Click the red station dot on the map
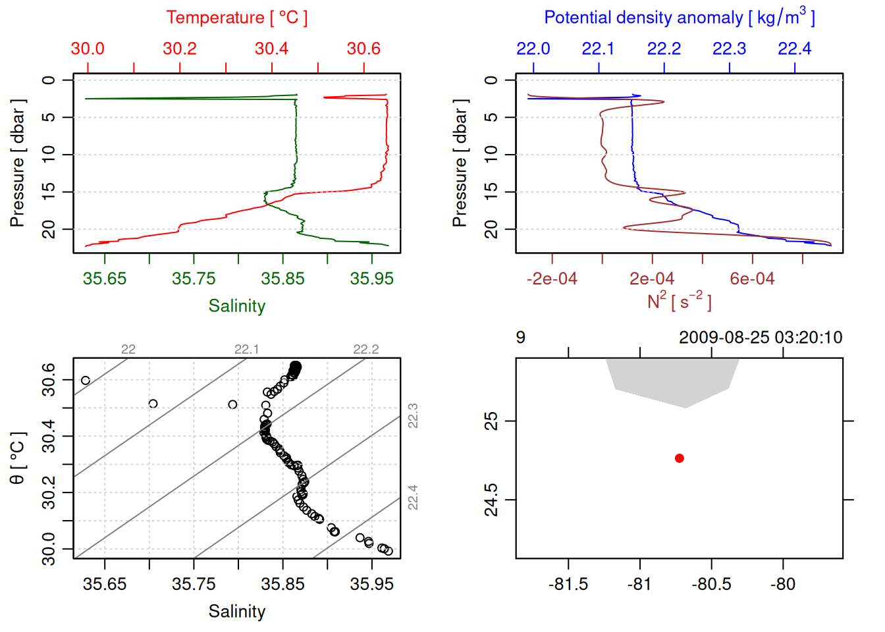[x=680, y=458]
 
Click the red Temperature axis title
[x=236, y=18]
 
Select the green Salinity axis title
[x=237, y=306]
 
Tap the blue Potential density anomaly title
[x=679, y=18]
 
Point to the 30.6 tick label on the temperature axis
[x=363, y=49]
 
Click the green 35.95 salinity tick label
[x=371, y=279]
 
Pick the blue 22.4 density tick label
[x=794, y=49]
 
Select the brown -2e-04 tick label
[x=552, y=279]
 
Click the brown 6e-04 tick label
[x=752, y=279]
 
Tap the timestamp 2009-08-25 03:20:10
[x=760, y=338]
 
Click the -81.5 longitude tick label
[x=568, y=585]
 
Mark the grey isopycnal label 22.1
[x=247, y=350]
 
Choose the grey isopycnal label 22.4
[x=413, y=497]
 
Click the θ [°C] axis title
[x=18, y=458]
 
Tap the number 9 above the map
[x=520, y=338]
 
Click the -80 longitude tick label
[x=783, y=585]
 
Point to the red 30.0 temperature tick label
[x=88, y=49]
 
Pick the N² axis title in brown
[x=679, y=302]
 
